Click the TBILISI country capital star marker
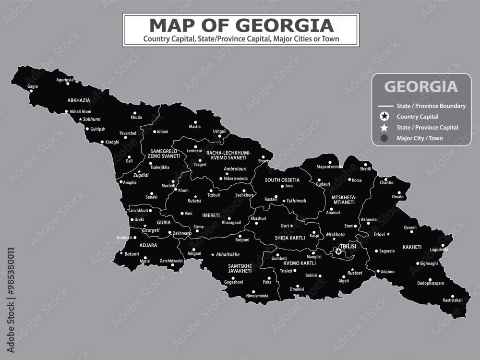coord(338,252)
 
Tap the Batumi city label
coord(132,254)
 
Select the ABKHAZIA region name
coord(79,100)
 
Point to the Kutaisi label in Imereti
coord(194,201)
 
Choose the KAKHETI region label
coord(412,247)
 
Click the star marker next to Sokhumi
coord(80,119)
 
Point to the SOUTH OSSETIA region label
coord(282,180)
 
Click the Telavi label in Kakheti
coord(379,234)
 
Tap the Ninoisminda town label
coord(257,296)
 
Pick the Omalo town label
coord(398,196)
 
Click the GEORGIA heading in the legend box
coord(421,87)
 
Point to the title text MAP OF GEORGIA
coord(241,25)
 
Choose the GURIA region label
coord(164,223)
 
